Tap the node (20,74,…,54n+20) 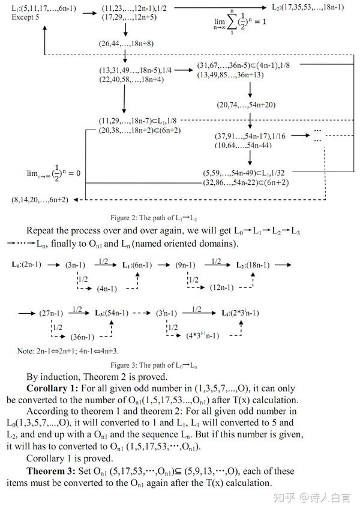pos(246,105)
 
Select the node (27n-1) pos(51,313)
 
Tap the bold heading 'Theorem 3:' pos(50,471)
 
